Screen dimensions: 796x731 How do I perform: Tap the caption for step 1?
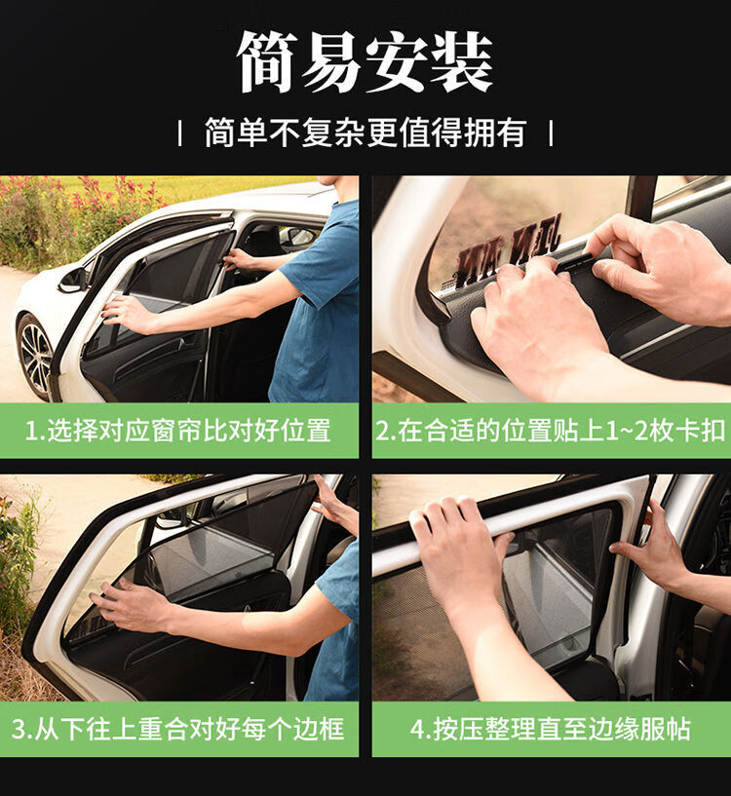tap(178, 431)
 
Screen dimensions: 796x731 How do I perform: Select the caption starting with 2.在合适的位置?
tap(551, 431)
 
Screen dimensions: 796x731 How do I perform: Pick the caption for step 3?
tap(178, 729)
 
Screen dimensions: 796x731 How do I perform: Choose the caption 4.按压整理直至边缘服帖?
tap(551, 729)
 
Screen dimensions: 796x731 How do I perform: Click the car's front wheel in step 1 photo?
tap(36, 358)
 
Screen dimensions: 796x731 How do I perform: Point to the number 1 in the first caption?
tap(30, 431)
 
